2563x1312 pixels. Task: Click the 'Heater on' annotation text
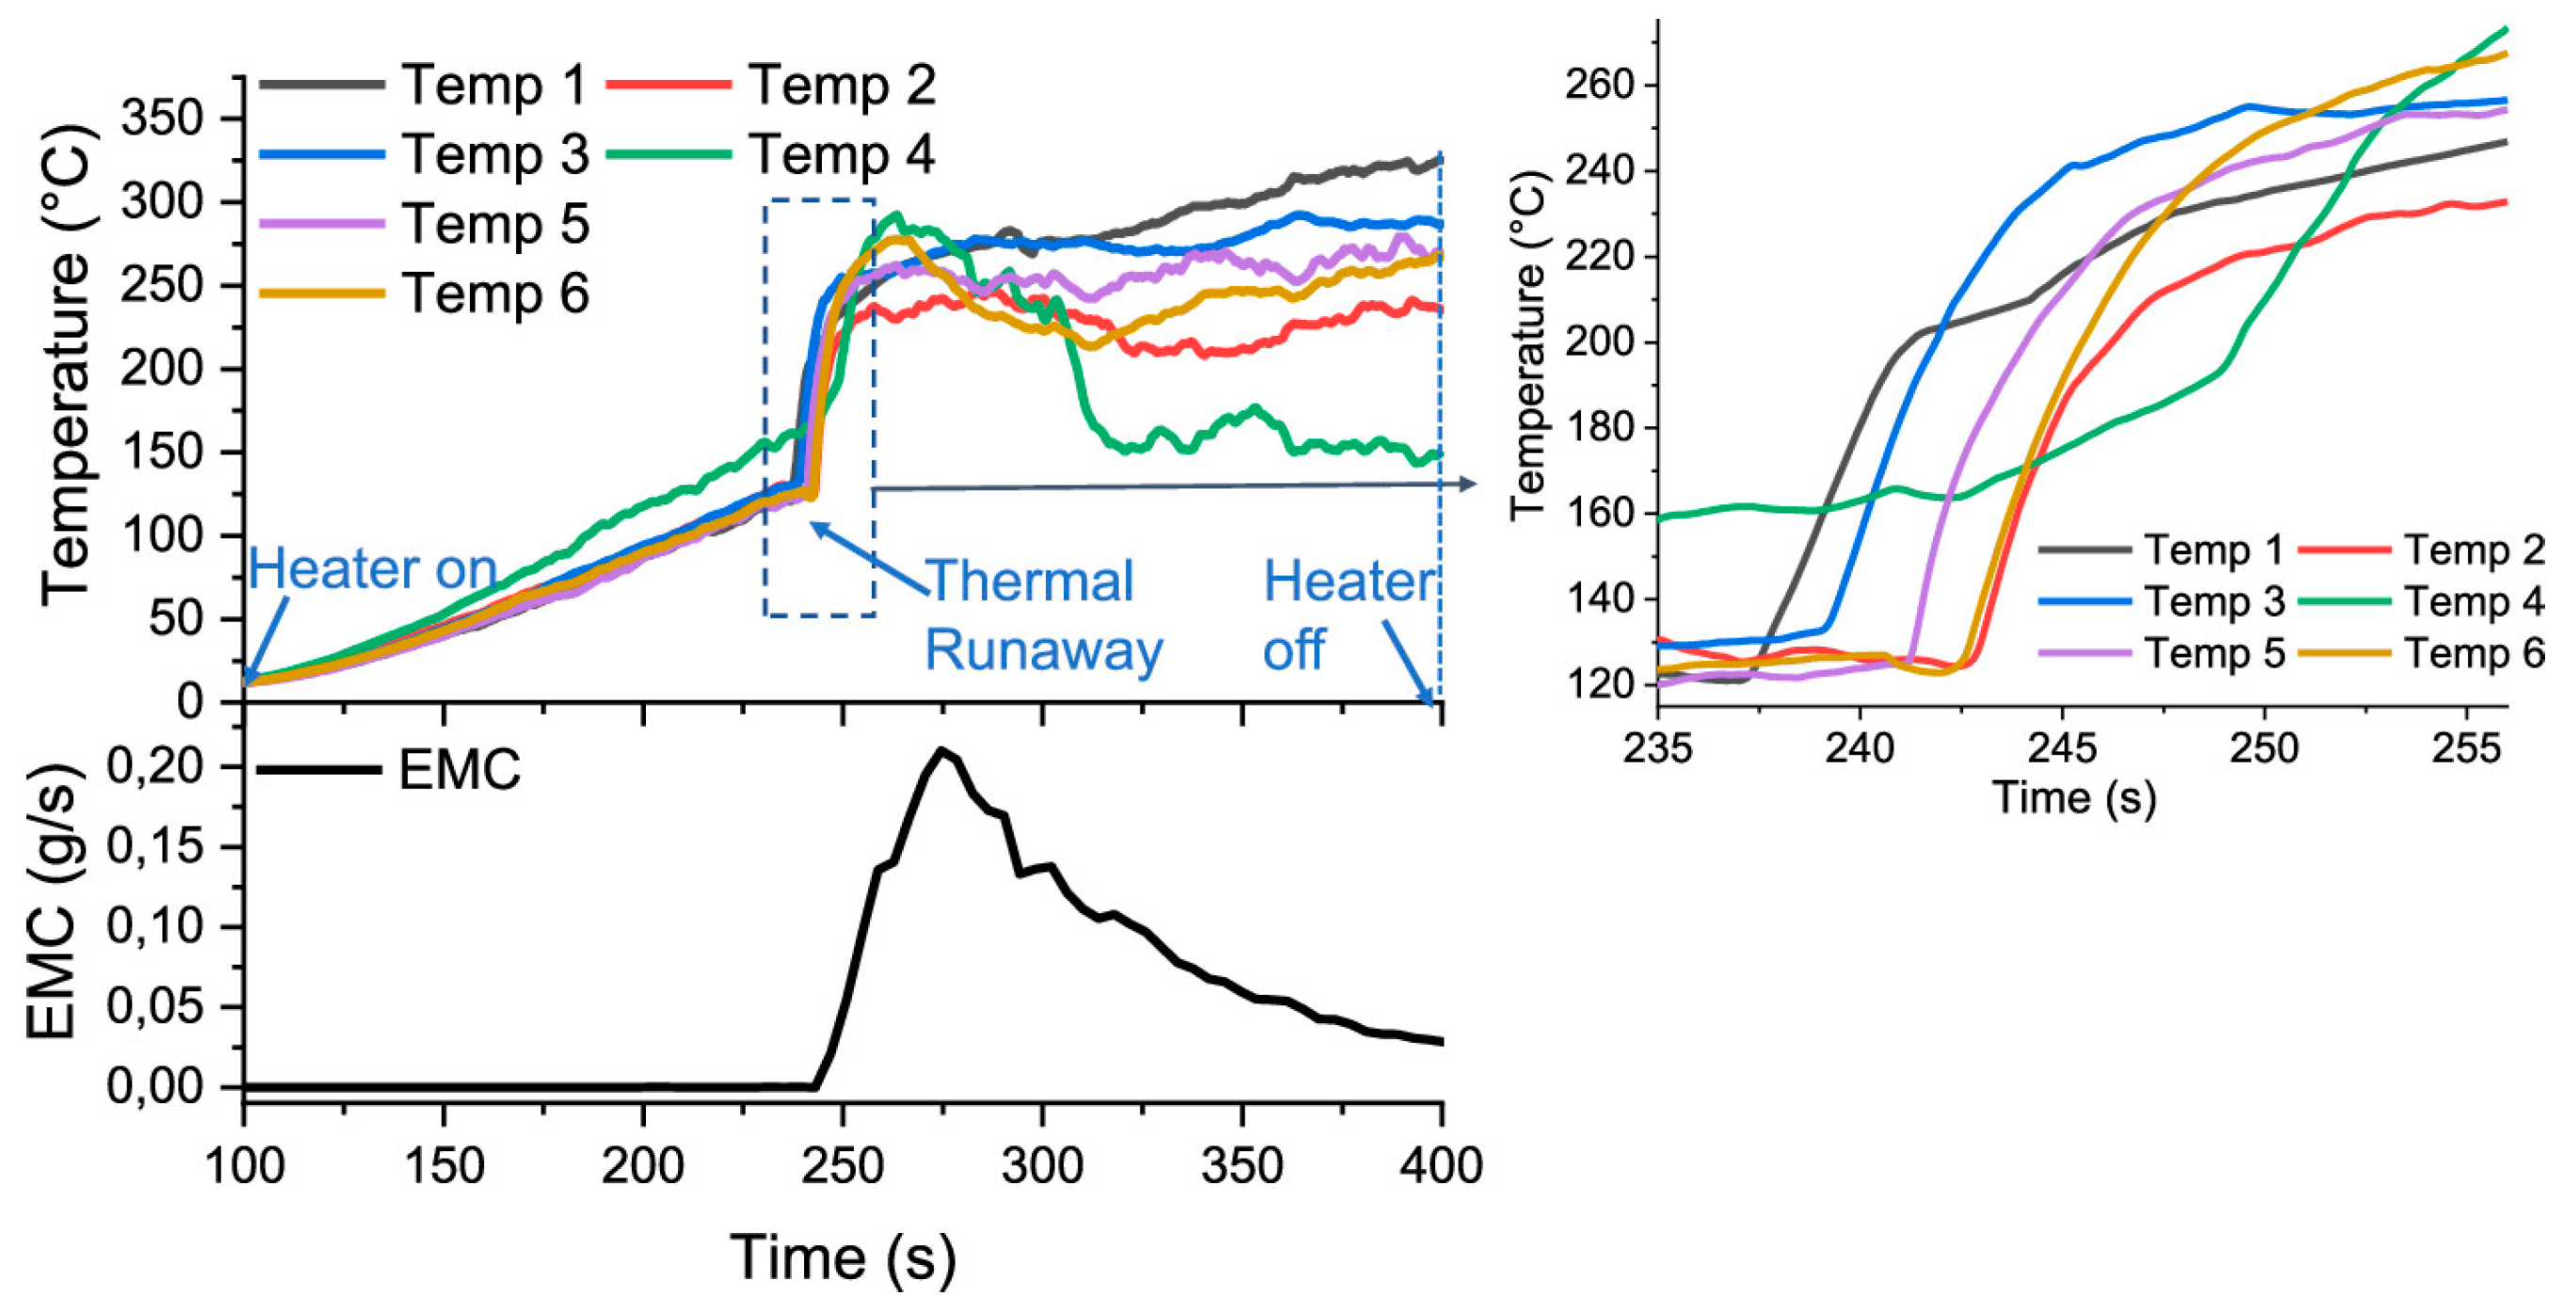point(372,569)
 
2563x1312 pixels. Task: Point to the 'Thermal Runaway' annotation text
point(1042,616)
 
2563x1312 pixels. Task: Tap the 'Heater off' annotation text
point(1347,616)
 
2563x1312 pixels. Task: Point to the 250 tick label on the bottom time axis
point(843,1165)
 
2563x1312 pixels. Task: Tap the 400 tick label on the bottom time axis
point(1441,1165)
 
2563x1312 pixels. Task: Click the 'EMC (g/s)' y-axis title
point(52,903)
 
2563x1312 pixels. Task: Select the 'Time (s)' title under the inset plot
point(2074,798)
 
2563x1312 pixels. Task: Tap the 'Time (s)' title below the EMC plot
point(843,1257)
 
